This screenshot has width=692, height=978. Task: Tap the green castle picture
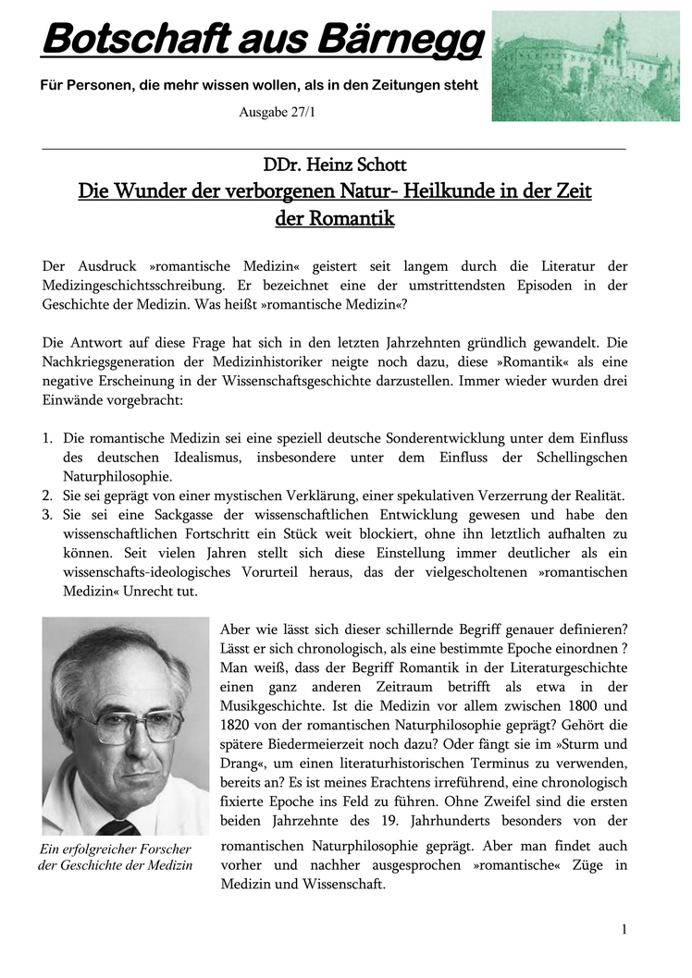coord(585,66)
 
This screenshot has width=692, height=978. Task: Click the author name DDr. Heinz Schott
coord(334,166)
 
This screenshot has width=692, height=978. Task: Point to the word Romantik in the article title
coord(334,219)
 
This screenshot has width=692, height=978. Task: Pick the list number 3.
coord(47,514)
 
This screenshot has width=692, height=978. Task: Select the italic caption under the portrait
coord(115,857)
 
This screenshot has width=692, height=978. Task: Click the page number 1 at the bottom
coord(624,929)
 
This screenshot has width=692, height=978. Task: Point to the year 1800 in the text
coord(580,706)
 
